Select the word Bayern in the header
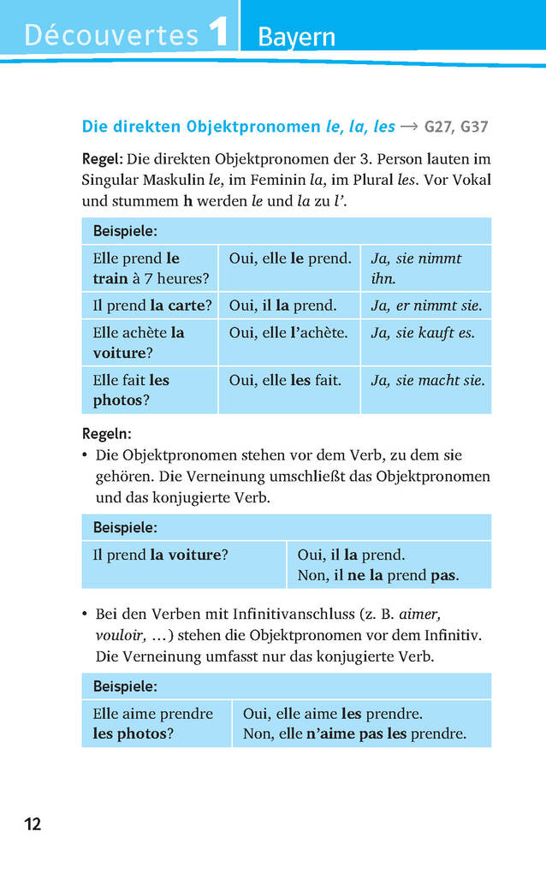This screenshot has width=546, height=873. pyautogui.click(x=296, y=39)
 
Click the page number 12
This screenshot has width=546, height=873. pyautogui.click(x=33, y=824)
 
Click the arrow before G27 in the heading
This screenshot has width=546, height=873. pyautogui.click(x=409, y=127)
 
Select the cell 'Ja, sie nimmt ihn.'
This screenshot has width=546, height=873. pyautogui.click(x=425, y=268)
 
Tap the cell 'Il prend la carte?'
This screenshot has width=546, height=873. pyautogui.click(x=151, y=306)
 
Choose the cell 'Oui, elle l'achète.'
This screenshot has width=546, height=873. pyautogui.click(x=288, y=332)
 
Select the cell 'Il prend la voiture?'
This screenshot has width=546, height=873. pyautogui.click(x=160, y=555)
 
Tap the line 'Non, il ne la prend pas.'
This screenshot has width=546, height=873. pyautogui.click(x=378, y=575)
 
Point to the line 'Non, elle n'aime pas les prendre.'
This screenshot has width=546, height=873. pyautogui.click(x=354, y=733)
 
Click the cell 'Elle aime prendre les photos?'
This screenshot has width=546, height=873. pyautogui.click(x=154, y=723)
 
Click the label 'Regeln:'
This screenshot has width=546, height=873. pyautogui.click(x=107, y=434)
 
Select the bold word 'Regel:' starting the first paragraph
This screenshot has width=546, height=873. pyautogui.click(x=103, y=159)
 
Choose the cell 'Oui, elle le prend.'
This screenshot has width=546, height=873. pyautogui.click(x=289, y=258)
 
